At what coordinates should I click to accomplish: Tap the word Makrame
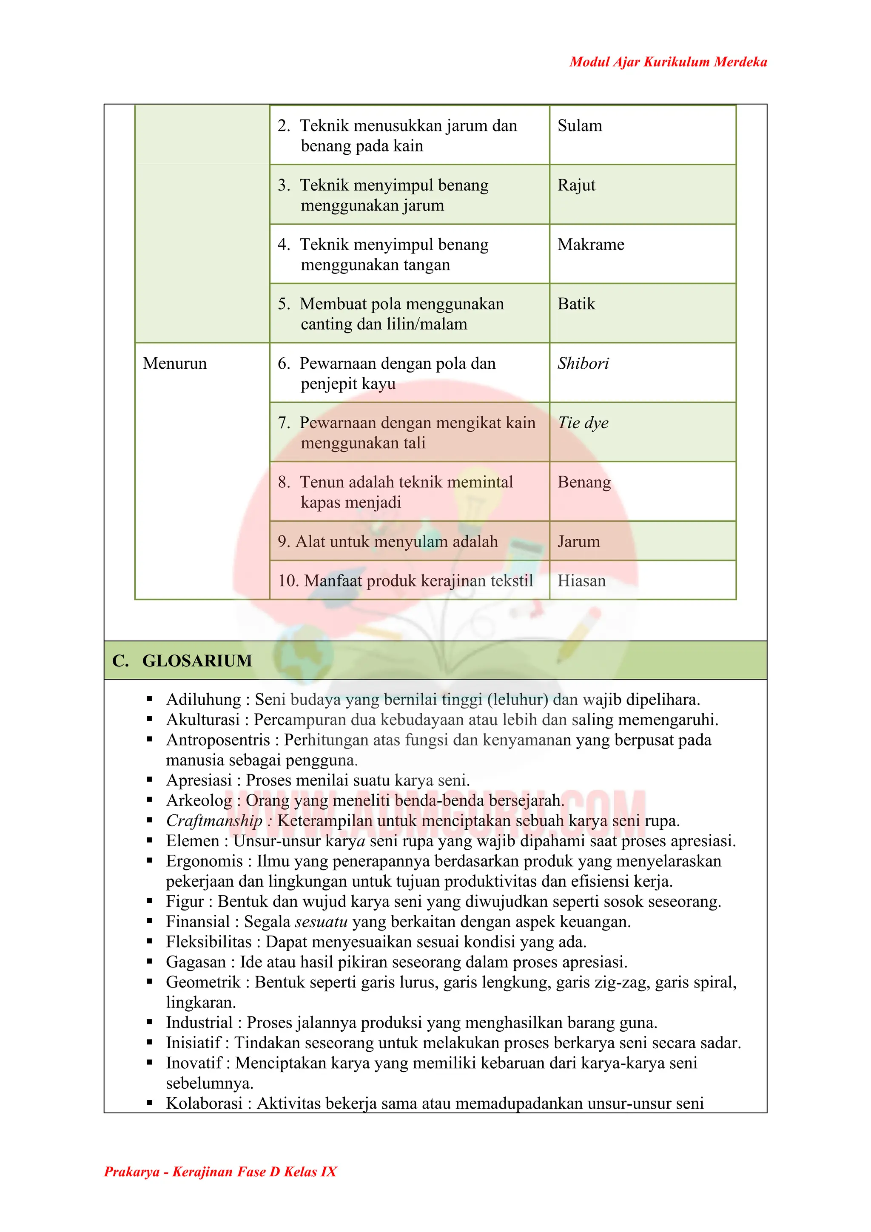pyautogui.click(x=590, y=245)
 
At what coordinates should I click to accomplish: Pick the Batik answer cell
pyautogui.click(x=576, y=304)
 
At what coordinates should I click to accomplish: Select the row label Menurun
pyautogui.click(x=174, y=364)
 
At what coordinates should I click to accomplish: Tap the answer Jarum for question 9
pyautogui.click(x=578, y=542)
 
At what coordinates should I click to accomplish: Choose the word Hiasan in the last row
pyautogui.click(x=581, y=581)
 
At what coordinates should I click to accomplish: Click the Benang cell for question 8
pyautogui.click(x=584, y=482)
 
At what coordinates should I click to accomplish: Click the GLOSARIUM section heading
pyautogui.click(x=196, y=661)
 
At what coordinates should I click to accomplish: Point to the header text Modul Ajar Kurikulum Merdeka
pyautogui.click(x=668, y=62)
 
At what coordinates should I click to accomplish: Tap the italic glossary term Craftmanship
pyautogui.click(x=213, y=821)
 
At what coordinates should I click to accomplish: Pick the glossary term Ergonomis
pyautogui.click(x=204, y=861)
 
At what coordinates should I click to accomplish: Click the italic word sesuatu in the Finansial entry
pyautogui.click(x=322, y=922)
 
